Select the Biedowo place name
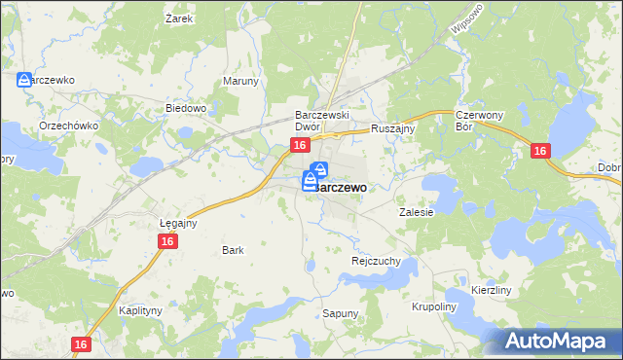(x=185, y=108)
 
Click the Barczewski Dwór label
(x=322, y=121)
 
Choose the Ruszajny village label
(x=393, y=127)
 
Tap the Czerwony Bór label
(x=477, y=121)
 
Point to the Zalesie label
(x=416, y=211)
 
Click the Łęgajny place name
(x=178, y=223)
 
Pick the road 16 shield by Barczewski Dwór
(x=300, y=145)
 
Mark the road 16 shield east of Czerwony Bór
(x=541, y=151)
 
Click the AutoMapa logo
(x=560, y=342)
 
